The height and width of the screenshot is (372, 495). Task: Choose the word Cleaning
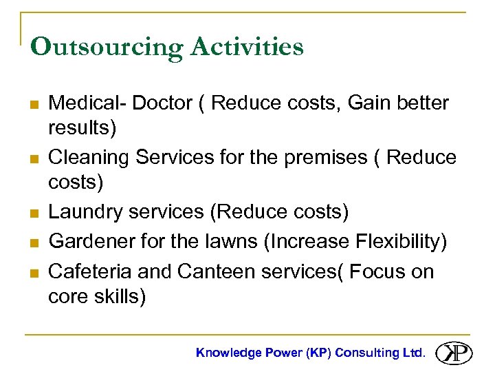click(89, 158)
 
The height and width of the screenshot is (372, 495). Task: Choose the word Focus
click(378, 271)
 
